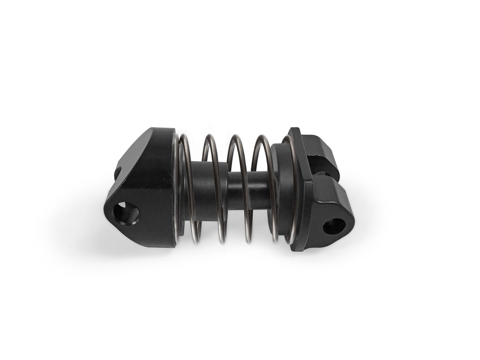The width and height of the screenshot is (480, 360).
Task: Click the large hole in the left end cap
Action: pos(127,213)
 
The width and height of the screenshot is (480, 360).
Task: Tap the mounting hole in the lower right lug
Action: pos(334,226)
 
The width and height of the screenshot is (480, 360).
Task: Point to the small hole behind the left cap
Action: pos(117,173)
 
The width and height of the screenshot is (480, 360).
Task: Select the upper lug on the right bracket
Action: pos(319,151)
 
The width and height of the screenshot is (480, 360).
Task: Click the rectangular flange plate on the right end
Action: pos(300,187)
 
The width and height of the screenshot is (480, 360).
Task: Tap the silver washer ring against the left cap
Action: pos(176,187)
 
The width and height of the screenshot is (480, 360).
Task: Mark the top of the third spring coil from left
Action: pos(235,136)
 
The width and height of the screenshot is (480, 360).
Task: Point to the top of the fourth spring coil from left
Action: pos(261,137)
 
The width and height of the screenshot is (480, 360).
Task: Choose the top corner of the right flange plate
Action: pos(293,129)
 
